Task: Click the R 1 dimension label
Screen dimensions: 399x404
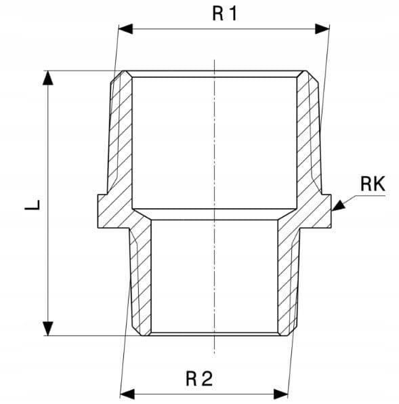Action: [224, 14]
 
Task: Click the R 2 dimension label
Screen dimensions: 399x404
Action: [199, 379]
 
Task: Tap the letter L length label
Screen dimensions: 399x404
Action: [33, 205]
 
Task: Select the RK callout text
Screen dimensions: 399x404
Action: [373, 184]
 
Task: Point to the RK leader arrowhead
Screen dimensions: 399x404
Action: [339, 205]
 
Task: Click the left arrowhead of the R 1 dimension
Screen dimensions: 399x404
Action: [125, 29]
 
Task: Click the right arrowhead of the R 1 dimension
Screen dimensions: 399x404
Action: [322, 29]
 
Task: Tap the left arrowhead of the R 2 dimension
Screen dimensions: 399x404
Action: [127, 395]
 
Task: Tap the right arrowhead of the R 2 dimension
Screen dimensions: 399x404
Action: [280, 395]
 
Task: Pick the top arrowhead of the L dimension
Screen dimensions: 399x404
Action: [48, 78]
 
